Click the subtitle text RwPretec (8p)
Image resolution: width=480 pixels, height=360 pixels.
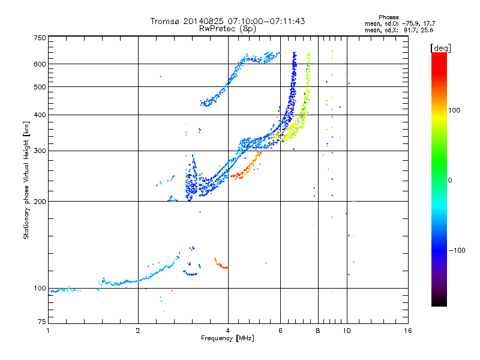227,29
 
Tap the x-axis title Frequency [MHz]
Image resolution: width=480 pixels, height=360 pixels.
227,338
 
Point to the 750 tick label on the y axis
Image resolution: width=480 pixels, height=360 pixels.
40,38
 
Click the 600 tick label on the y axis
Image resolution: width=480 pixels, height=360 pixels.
40,64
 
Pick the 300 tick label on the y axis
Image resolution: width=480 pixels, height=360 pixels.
40,151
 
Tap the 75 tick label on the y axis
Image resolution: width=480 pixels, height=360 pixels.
42,322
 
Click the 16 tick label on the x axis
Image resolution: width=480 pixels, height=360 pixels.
408,331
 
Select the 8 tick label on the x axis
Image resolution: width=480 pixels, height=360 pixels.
318,331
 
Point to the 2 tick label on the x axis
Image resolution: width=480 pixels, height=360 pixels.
138,331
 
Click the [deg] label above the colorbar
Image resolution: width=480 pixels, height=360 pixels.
440,48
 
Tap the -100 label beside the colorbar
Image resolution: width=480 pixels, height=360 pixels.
457,250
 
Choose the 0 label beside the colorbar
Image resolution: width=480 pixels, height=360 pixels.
450,180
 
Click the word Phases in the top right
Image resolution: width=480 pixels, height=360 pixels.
388,17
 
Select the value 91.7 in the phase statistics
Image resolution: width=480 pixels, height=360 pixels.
410,31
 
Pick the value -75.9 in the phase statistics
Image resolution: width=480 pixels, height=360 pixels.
410,23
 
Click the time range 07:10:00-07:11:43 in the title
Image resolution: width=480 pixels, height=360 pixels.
266,21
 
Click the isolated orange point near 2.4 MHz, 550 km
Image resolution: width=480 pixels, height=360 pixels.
160,76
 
